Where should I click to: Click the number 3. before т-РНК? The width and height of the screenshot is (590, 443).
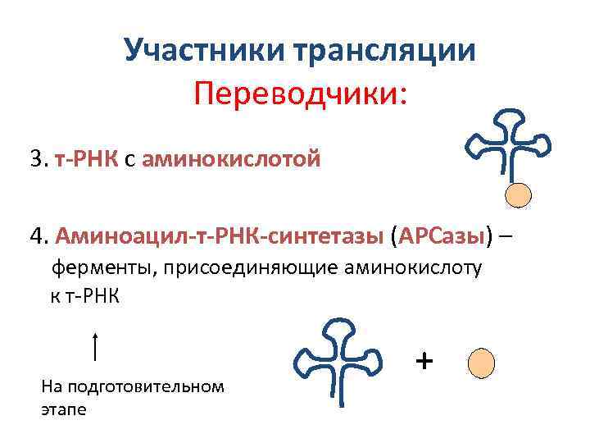[39, 158]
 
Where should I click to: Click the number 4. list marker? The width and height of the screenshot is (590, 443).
[39, 236]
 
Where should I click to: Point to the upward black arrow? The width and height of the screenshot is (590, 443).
[97, 346]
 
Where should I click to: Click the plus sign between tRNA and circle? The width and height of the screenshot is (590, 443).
[424, 360]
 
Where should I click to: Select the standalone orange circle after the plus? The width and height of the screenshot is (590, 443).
[481, 361]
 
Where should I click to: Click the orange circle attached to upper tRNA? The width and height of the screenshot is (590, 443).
[518, 194]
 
